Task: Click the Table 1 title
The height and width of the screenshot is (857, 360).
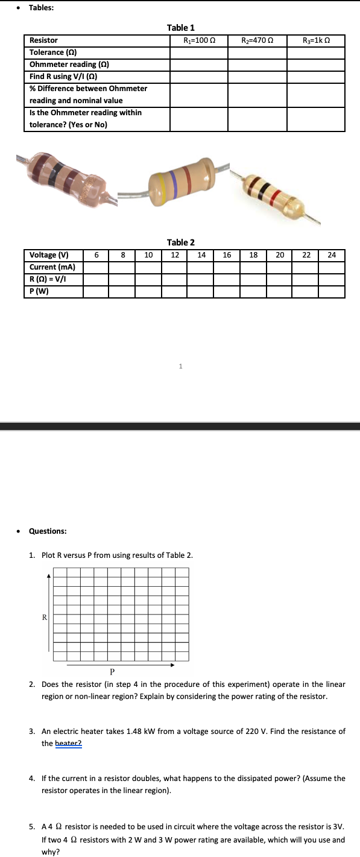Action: [x=180, y=28]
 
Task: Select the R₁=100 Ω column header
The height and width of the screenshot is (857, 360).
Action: [x=199, y=40]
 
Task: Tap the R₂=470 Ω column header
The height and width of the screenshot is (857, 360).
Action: [x=257, y=40]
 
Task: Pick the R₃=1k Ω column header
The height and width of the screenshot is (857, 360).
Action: [x=316, y=40]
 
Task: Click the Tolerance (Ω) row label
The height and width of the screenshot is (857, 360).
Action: [x=54, y=52]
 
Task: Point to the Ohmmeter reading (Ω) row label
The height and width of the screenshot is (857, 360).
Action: [x=69, y=64]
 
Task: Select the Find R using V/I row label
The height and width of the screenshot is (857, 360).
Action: [x=63, y=76]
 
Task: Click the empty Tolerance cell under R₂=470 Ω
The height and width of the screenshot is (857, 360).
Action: [x=257, y=52]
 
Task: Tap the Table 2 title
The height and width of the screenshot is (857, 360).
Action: [x=180, y=242]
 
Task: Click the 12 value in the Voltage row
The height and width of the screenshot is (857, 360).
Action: [x=175, y=255]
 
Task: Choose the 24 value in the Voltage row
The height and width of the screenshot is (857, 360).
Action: [x=332, y=255]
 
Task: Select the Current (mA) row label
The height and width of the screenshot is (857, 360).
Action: [x=52, y=267]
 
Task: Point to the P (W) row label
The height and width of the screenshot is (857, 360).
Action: [x=39, y=291]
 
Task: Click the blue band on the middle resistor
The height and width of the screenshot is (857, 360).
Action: [x=174, y=182]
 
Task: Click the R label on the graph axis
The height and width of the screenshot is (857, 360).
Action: [x=44, y=617]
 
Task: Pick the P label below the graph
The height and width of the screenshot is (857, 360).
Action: [x=112, y=671]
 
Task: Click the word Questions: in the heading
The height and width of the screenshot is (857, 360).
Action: [x=48, y=531]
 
